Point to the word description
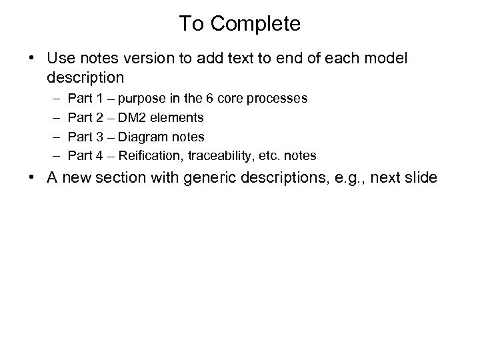(x=85, y=77)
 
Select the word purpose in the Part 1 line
(x=143, y=99)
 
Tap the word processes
(x=279, y=99)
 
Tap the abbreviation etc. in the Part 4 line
(x=271, y=156)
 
